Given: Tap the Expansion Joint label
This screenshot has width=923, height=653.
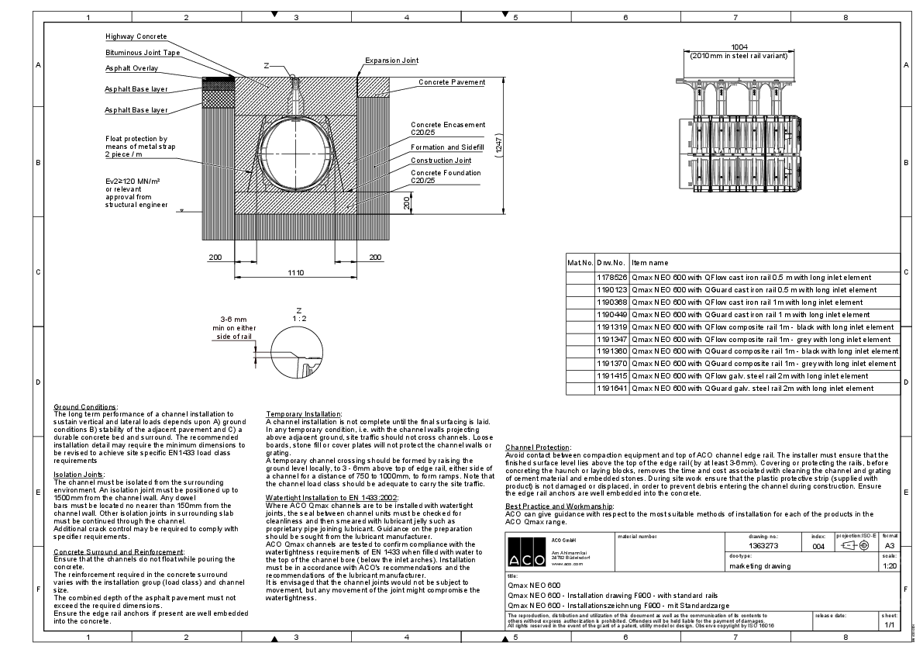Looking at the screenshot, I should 391,60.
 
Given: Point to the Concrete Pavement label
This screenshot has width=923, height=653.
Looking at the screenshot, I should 452,82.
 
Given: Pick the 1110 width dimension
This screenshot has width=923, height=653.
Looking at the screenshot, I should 296,272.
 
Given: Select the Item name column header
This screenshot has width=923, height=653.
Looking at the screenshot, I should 649,264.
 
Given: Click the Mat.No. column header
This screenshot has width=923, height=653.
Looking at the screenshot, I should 580,264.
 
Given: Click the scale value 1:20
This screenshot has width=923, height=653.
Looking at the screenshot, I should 890,565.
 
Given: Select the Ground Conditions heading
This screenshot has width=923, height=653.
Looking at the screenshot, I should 85,407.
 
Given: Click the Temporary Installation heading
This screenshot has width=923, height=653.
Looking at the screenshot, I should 303,414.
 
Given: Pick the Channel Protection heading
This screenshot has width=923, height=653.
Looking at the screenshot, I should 538,447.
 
